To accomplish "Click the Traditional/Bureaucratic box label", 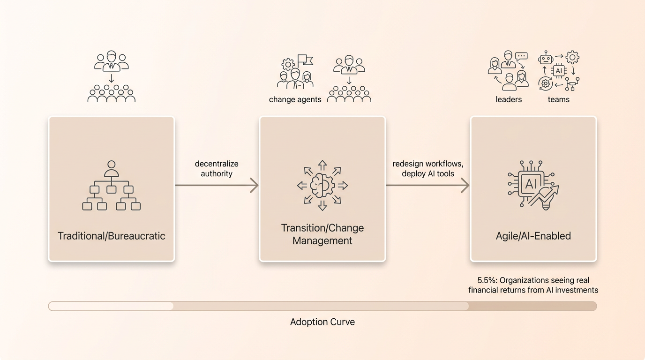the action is (112, 236).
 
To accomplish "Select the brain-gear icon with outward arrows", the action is (322, 186).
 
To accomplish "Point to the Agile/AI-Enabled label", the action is (533, 236).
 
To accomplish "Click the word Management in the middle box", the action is (322, 240).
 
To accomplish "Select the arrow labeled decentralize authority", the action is (217, 185).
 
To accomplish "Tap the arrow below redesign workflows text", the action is (427, 185).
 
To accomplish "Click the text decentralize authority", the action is (217, 168).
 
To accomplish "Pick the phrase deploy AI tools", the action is (428, 173).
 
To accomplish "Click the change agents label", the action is (295, 100).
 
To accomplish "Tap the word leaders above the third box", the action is (509, 99).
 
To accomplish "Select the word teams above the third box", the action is (558, 100).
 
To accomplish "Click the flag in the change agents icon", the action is (305, 60).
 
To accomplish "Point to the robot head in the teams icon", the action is (545, 58).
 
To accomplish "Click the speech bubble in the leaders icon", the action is (521, 56).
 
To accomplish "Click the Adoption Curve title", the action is (322, 322).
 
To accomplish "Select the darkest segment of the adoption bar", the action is (532, 306).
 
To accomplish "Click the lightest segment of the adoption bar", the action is (111, 306).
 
